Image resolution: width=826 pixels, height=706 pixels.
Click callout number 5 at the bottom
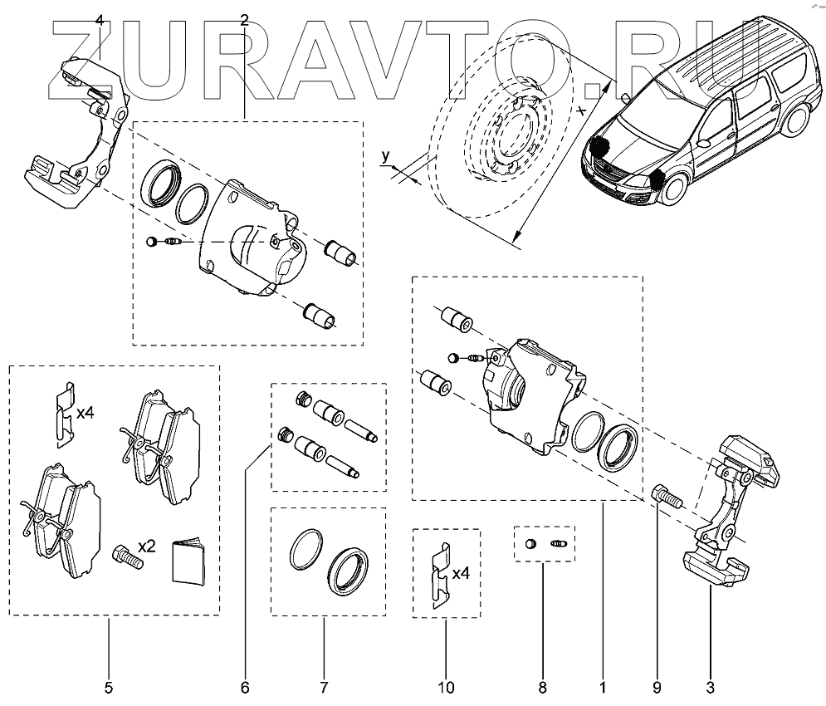coord(109,687)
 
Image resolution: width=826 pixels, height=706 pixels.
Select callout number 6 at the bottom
coord(245,687)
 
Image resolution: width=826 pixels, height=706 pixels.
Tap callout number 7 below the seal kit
coord(323,687)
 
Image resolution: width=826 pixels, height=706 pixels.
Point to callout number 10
coord(446,687)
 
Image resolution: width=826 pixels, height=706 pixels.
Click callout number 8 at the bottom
coord(542,687)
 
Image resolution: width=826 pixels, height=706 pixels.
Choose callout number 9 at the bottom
coord(656,687)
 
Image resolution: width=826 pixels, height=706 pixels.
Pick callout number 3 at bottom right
coord(710,687)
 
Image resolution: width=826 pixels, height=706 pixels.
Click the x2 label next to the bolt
coord(147,546)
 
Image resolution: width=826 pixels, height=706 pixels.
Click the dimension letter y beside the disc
coord(385,155)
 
